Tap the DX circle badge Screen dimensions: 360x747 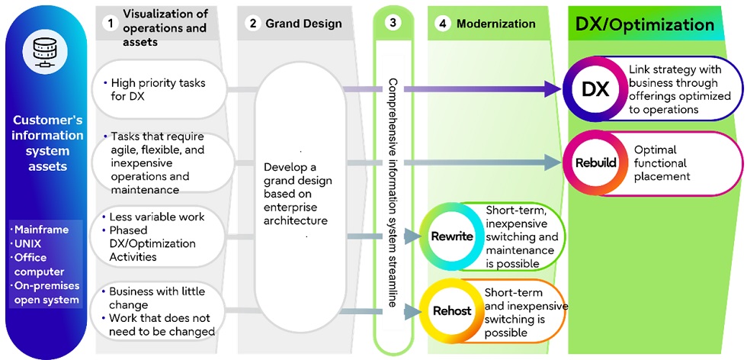coord(595,90)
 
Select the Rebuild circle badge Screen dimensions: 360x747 coord(595,163)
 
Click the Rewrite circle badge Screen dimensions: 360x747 coord(452,236)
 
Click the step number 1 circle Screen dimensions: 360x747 coord(111,23)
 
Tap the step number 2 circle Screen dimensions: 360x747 coord(252,24)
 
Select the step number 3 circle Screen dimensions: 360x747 coord(393,23)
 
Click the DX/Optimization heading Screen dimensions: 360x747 coord(644,24)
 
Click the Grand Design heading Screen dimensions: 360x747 coord(303,24)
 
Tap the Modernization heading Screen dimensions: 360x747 coord(495,24)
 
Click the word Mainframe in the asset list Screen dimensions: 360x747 coord(42,230)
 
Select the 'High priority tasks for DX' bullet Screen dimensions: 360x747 coord(158,89)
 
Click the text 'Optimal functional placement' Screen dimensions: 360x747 coord(662,163)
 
